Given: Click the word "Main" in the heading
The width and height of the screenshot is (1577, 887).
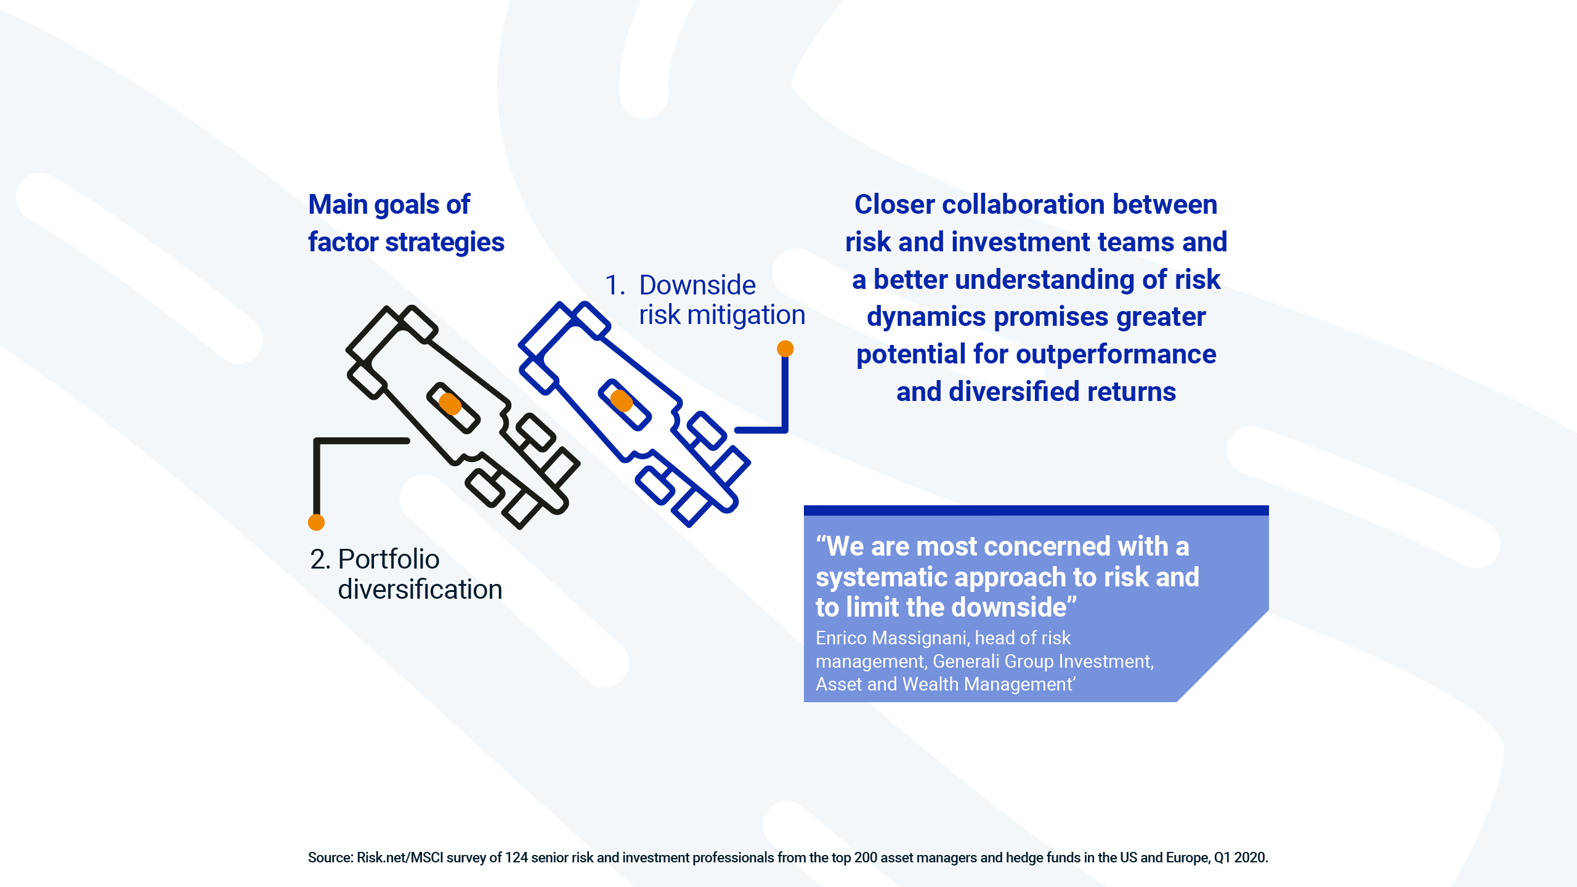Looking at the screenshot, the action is pos(338,205).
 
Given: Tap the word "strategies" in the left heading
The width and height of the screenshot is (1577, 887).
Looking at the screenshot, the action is pos(445,243).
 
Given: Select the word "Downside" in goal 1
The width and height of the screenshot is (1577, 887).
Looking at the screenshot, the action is pos(697,285).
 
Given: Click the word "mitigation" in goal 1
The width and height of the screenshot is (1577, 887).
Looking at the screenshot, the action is pos(746,315).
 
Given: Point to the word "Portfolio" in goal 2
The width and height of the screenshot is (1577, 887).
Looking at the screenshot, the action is pos(389,559).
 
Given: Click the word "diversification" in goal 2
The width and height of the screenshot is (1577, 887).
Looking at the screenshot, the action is pos(420,589).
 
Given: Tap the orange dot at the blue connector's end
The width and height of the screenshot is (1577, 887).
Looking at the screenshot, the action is pos(785,349).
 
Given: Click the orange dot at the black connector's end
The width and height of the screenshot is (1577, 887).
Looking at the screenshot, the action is pos(316,522).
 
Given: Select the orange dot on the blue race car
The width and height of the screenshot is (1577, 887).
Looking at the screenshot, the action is pos(622,400).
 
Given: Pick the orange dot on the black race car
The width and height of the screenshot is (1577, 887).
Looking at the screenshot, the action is pos(450,403).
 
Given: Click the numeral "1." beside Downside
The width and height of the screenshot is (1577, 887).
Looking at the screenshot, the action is pos(615,285).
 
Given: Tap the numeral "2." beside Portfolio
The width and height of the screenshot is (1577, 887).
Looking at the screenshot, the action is pos(320,559).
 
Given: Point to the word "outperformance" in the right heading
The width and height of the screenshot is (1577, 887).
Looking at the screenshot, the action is pos(1116,354).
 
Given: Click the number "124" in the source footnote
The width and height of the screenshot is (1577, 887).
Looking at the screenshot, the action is pos(516,857).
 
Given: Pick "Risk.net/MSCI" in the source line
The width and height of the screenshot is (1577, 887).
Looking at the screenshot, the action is pos(400,857).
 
